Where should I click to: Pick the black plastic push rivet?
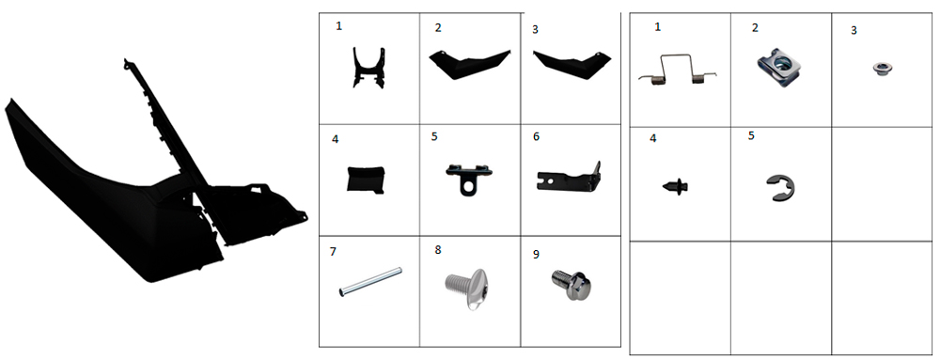(x=676, y=185)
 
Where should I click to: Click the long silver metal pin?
(x=369, y=282)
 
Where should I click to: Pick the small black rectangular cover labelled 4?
(x=365, y=180)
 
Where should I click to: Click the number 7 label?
(x=334, y=252)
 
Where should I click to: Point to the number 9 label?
(x=536, y=255)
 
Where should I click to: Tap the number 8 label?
(x=438, y=250)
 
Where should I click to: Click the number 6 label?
(x=536, y=136)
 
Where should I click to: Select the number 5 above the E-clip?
(x=751, y=135)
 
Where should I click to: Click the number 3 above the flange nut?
(x=854, y=31)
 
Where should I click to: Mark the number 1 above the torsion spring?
(x=658, y=27)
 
